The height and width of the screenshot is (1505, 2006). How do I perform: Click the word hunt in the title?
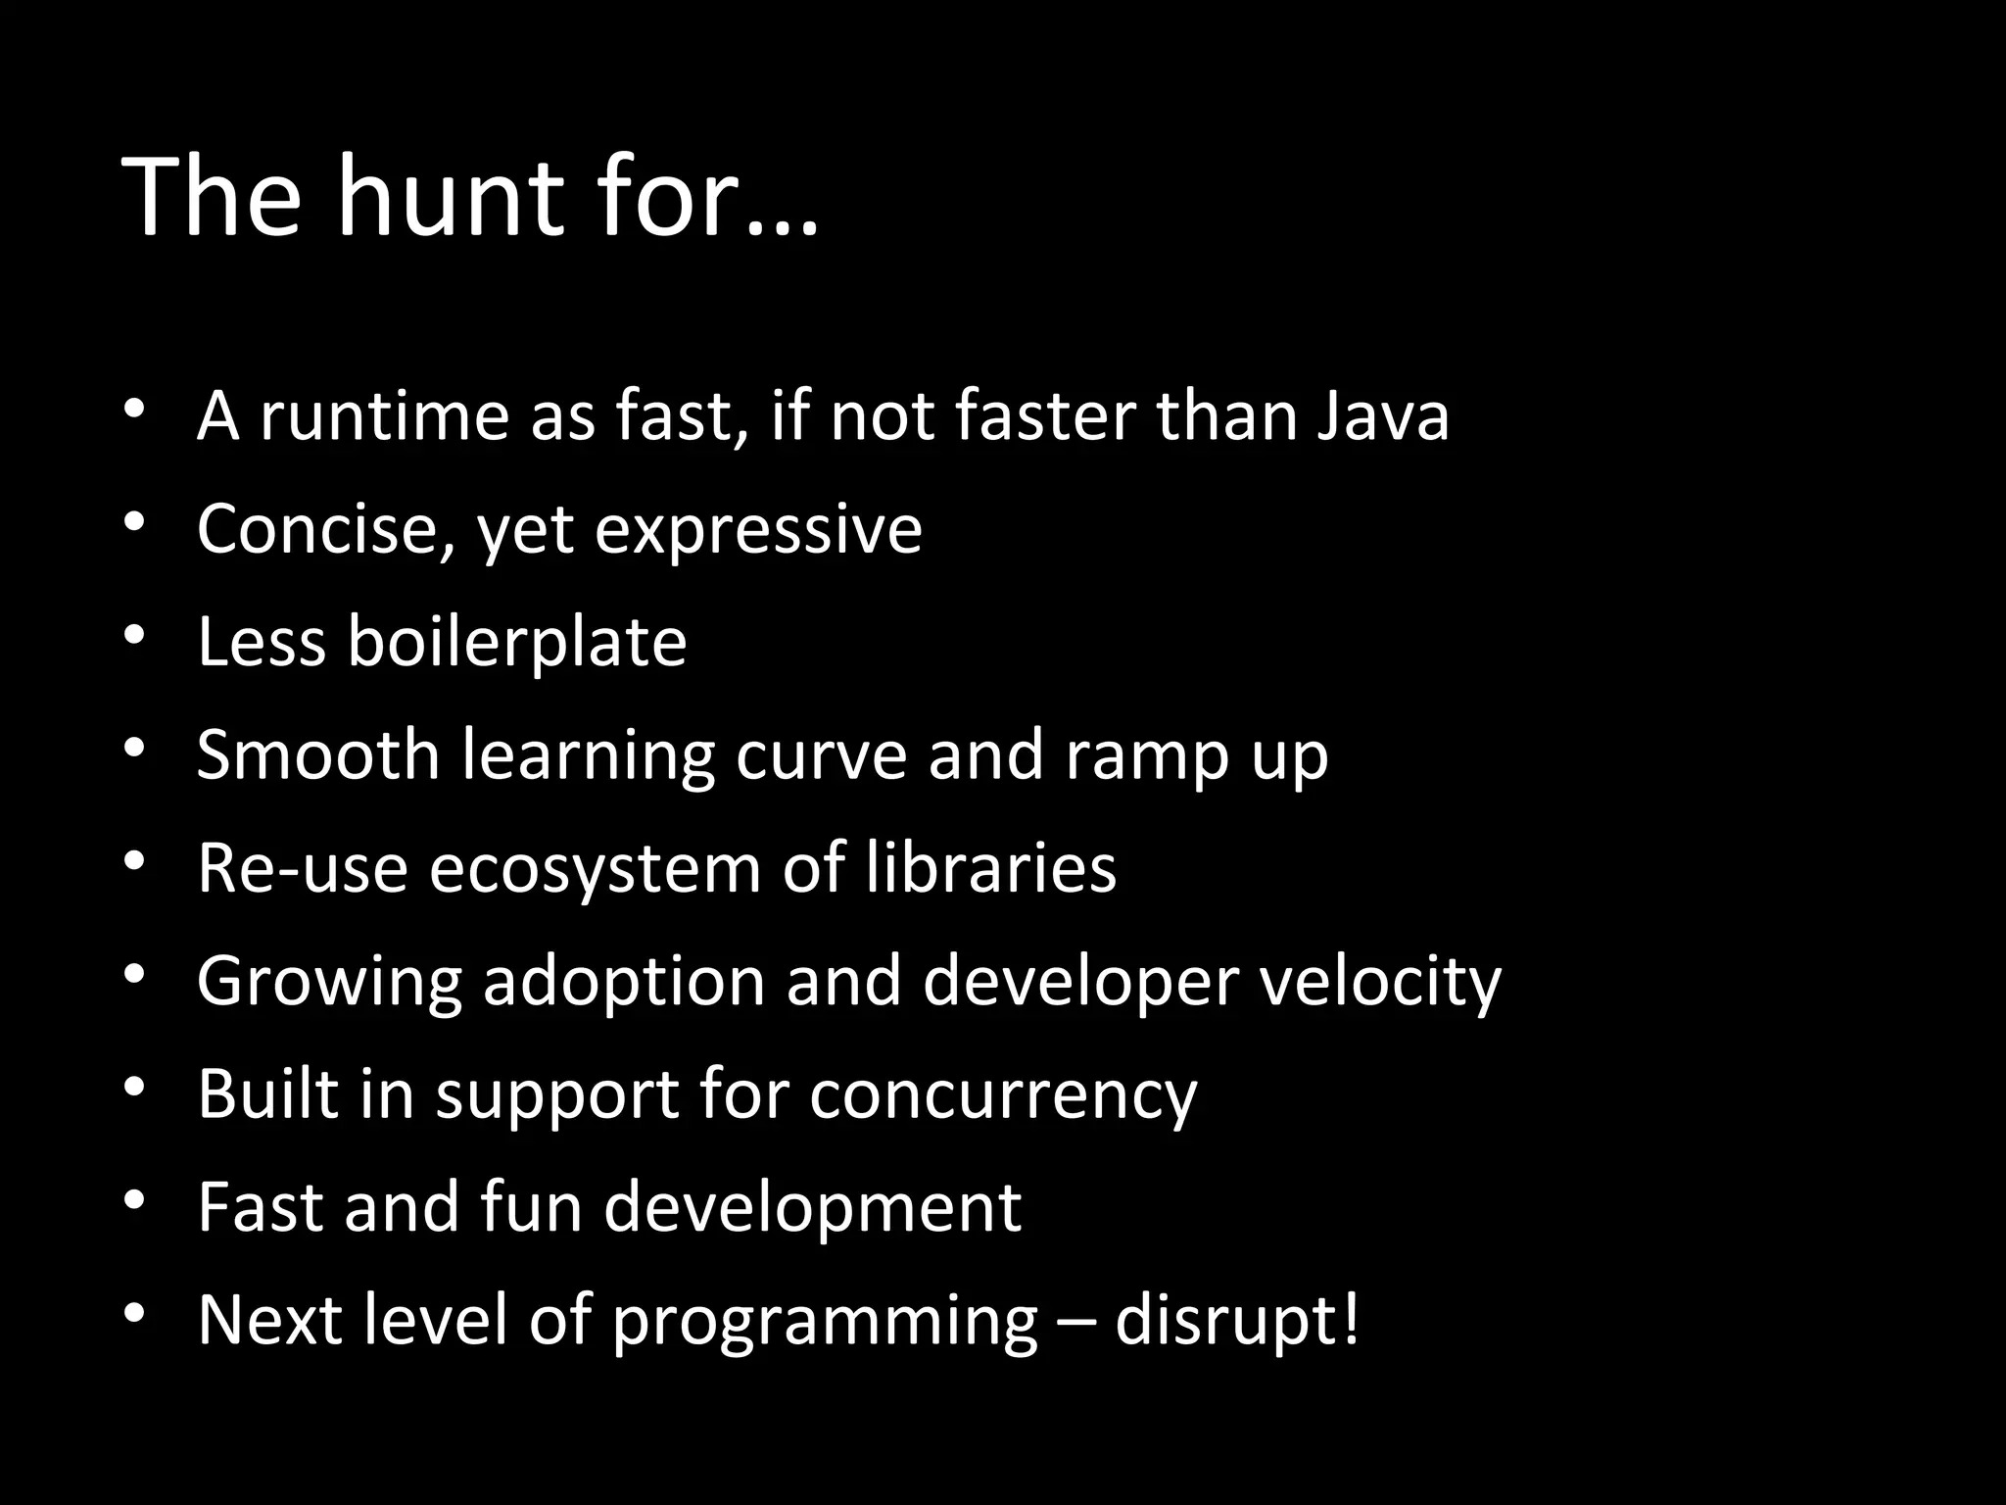click(x=452, y=199)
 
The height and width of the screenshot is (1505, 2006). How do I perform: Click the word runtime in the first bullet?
click(x=384, y=415)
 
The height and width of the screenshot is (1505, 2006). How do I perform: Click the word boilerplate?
click(x=516, y=642)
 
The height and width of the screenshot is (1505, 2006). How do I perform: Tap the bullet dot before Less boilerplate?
click(x=135, y=636)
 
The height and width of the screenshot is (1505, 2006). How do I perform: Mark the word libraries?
click(x=991, y=868)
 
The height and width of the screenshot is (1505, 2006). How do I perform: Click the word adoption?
click(x=624, y=982)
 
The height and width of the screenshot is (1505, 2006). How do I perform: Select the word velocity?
click(x=1380, y=982)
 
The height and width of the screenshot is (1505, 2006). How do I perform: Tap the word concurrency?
click(x=1003, y=1095)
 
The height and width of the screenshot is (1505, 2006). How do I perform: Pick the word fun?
click(x=531, y=1207)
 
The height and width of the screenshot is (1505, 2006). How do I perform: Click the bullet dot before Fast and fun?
click(x=135, y=1200)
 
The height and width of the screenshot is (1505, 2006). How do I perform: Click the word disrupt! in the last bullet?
click(x=1237, y=1321)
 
